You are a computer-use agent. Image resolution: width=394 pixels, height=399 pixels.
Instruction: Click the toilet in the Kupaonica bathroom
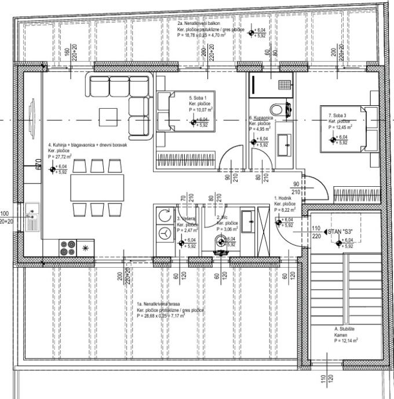277,108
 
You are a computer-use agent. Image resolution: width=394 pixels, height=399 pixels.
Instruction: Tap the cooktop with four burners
67,247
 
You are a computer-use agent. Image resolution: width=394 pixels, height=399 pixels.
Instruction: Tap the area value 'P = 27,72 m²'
60,156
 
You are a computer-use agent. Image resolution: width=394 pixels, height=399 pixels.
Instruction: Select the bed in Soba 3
345,130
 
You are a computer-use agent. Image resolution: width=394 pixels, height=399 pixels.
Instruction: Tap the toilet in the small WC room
220,243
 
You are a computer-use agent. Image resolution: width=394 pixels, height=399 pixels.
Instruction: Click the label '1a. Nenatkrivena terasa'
160,304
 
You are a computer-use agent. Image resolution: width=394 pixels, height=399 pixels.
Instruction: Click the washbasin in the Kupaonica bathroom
284,142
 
